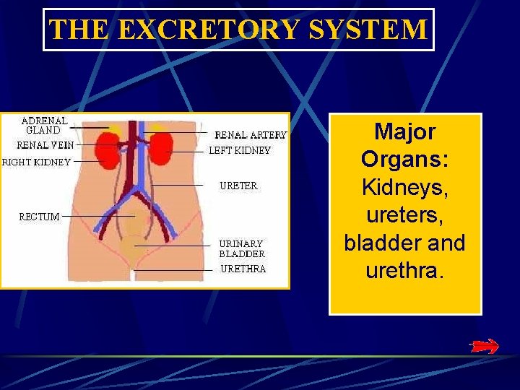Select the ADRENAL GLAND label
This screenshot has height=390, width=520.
click(44, 126)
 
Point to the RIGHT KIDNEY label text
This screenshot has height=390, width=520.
click(36, 162)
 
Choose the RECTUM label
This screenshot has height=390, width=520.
click(39, 216)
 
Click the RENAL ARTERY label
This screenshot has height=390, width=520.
click(251, 135)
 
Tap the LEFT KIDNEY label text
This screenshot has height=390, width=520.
click(240, 151)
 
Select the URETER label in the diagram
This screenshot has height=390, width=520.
click(238, 186)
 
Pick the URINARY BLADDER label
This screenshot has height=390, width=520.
click(242, 249)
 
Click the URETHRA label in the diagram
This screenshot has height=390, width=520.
click(243, 269)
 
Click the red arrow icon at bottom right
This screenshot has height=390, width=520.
click(483, 347)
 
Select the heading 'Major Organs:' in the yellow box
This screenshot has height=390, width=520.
click(404, 145)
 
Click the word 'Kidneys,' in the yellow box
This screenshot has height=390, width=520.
click(404, 187)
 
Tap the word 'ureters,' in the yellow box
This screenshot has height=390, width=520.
click(404, 215)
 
